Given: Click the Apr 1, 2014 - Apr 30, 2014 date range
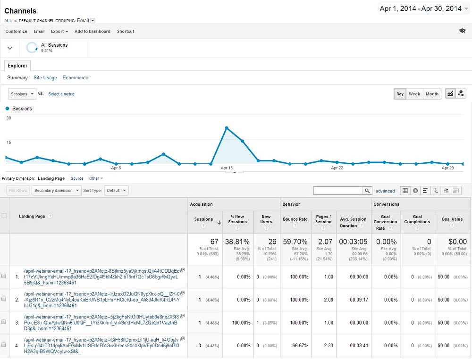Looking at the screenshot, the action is pos(421,8).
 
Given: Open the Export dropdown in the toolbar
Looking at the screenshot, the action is pos(59,31).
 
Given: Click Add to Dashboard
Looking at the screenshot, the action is pos(93,31).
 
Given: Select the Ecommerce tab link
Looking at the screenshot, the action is pos(75,78).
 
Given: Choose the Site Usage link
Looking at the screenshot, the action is pos(45,78).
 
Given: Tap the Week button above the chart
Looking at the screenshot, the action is pos(414,94).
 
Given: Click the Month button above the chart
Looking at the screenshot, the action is pos(432,94).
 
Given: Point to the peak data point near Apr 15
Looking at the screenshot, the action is pos(227,128).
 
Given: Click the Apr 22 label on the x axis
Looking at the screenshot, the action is pos(337,168).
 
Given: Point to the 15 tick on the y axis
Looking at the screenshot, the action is pos(8,142).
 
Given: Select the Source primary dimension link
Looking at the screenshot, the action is pos(77,178).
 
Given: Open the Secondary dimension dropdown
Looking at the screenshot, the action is pos(56,191).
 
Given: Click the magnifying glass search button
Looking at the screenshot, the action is pos(367,191).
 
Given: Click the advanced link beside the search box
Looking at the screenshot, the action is pos(385,191).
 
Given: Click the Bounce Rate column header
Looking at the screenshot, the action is pos(295,219).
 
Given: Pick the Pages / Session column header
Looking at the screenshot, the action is pos(323,219).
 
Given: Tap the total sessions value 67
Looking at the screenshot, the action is pos(214,242).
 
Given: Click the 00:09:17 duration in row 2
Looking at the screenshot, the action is pos(359,300).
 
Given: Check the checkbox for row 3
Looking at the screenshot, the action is pos(4,322).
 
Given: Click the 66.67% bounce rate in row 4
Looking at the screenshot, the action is pos(300,345).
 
